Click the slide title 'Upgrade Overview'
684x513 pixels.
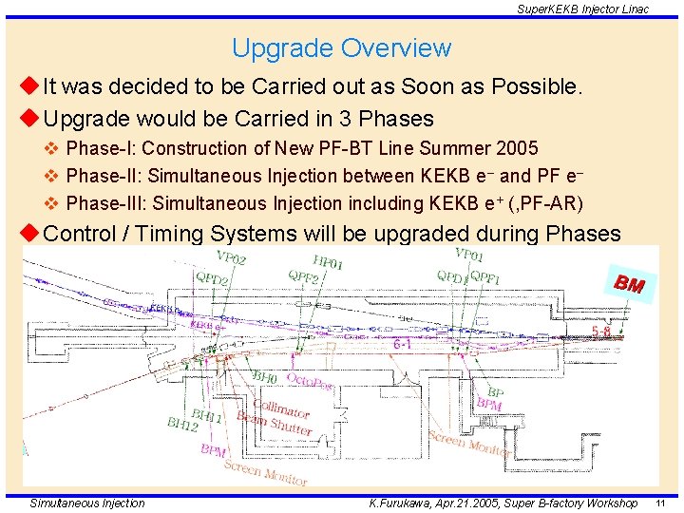[341, 47]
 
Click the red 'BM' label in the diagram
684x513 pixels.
[629, 283]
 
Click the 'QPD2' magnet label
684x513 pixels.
[212, 279]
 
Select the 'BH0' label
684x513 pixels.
[265, 377]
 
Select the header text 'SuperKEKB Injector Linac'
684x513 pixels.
[583, 9]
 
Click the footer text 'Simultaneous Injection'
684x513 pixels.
[87, 503]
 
